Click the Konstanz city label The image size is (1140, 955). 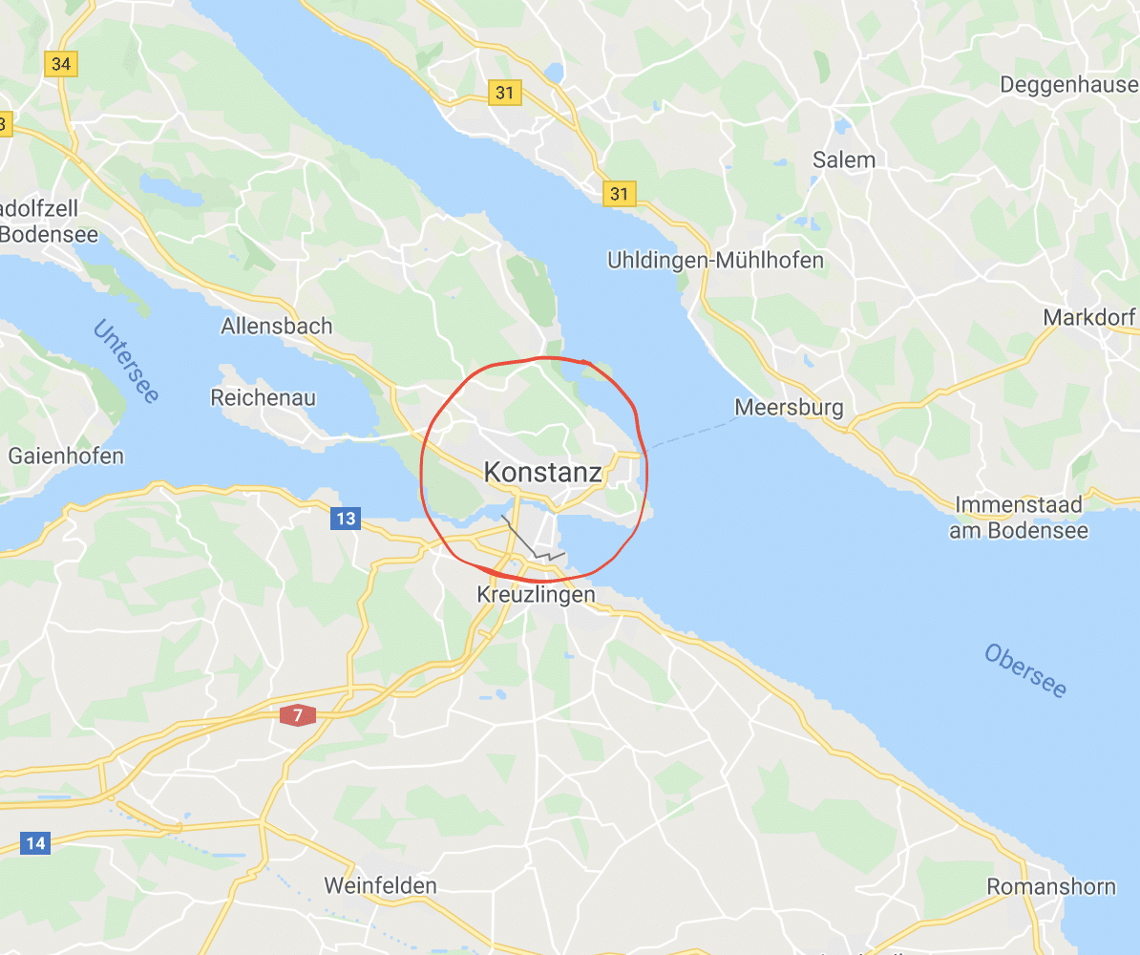[x=542, y=472]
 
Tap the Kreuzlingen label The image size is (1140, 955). [x=536, y=595]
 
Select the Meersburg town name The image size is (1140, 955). [x=789, y=409]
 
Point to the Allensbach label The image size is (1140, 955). [x=276, y=326]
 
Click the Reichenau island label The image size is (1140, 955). [x=263, y=397]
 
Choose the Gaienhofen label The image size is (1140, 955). [x=66, y=456]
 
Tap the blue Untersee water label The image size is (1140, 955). [x=126, y=361]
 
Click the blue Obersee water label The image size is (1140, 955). [x=1025, y=670]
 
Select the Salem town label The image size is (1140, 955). [x=843, y=159]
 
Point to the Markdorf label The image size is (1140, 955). [x=1089, y=317]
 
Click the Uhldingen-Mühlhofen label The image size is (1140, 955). [x=715, y=260]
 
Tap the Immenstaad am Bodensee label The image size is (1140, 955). [x=1018, y=518]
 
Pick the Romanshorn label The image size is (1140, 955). [x=1050, y=886]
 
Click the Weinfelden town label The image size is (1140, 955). [x=380, y=885]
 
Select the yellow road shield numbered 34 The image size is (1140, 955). [x=61, y=64]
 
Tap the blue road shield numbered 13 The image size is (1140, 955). [x=346, y=519]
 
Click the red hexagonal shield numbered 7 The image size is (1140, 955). [x=298, y=714]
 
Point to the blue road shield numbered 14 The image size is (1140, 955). [x=35, y=843]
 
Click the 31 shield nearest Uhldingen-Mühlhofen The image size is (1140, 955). [x=620, y=194]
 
